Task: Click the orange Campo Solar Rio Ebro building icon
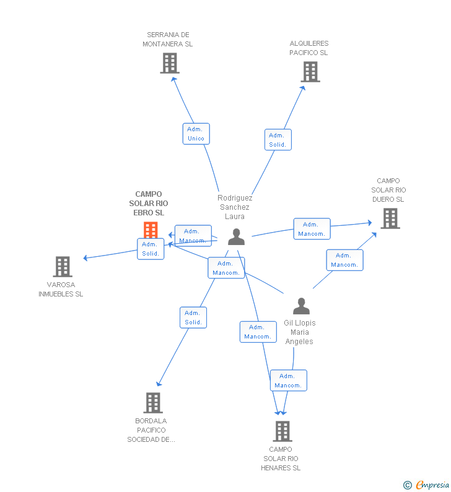coord(151,230)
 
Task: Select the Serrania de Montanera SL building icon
coord(170,63)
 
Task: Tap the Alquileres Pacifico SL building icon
coord(310,72)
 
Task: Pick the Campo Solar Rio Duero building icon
coord(390,218)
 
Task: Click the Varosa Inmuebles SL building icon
coord(63,267)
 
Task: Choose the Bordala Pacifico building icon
coord(153,403)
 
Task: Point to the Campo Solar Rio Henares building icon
coord(282,431)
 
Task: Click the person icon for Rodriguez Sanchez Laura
coord(236,237)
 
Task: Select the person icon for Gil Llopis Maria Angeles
coord(301,306)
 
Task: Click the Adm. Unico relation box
coord(196,134)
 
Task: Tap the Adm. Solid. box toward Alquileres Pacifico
coord(278,140)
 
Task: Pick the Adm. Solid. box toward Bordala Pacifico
coord(193,317)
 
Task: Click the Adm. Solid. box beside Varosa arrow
coord(151,249)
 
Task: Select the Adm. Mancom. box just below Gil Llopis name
coord(288,381)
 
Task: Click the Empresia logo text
coord(432,485)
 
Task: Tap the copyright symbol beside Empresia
coord(408,485)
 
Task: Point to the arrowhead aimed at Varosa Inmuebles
coord(85,258)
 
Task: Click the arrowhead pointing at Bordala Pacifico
coord(159,384)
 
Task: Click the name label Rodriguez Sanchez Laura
coord(235,207)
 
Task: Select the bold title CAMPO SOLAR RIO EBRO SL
coord(149,204)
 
